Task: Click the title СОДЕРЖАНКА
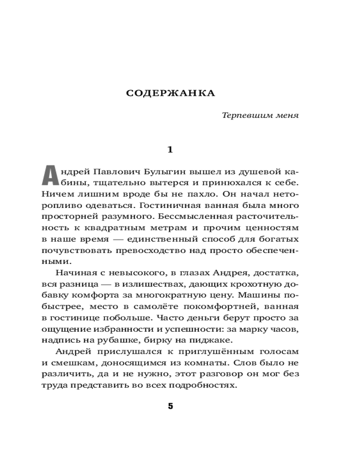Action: [x=170, y=93]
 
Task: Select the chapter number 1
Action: [x=170, y=149]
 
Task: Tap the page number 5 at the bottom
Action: [x=170, y=406]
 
